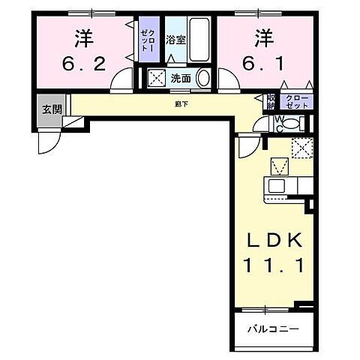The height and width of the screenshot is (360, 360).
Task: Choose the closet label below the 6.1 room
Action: point(296,100)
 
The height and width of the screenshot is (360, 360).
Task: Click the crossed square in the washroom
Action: point(158,76)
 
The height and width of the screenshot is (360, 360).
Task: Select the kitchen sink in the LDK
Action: point(276,185)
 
